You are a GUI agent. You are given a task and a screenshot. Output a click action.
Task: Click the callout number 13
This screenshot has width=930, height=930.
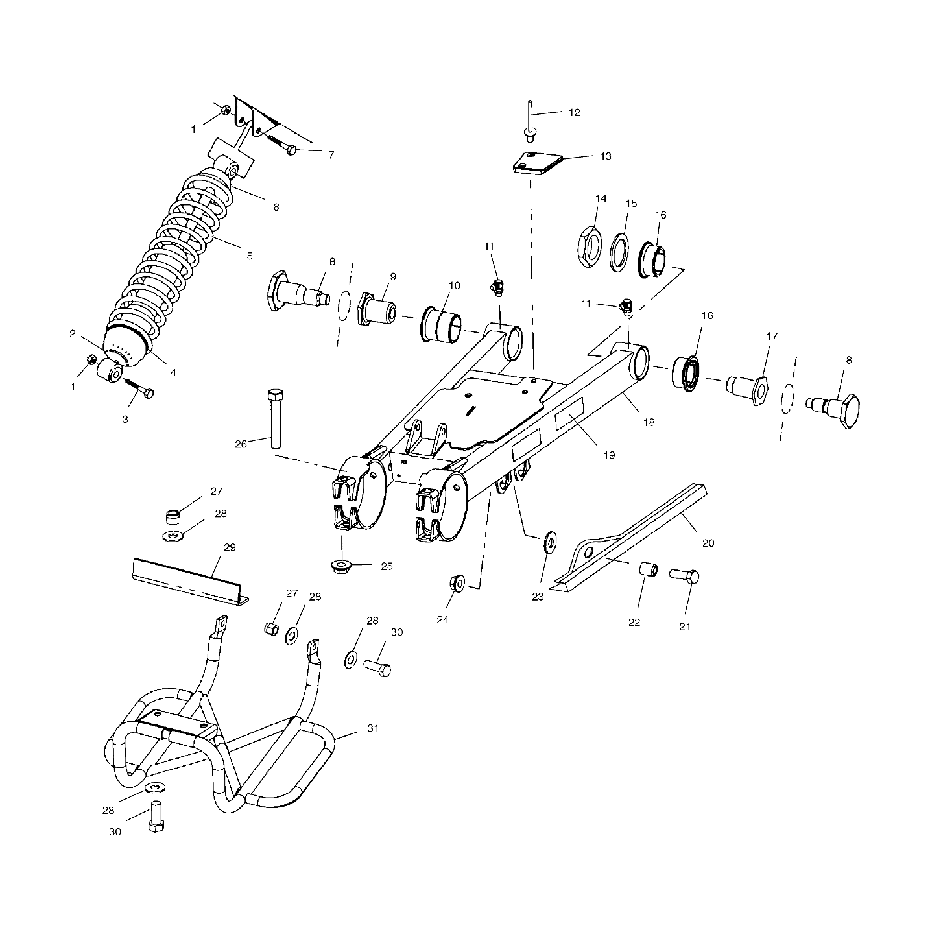tap(605, 156)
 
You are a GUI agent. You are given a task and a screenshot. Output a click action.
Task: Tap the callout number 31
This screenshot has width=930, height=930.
tap(373, 728)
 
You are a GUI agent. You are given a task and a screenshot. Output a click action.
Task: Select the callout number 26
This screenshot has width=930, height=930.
tap(241, 444)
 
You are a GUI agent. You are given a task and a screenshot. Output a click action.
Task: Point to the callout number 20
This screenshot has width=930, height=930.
tap(708, 543)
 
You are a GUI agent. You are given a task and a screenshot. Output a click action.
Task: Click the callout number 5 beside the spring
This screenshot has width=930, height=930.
tap(250, 256)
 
